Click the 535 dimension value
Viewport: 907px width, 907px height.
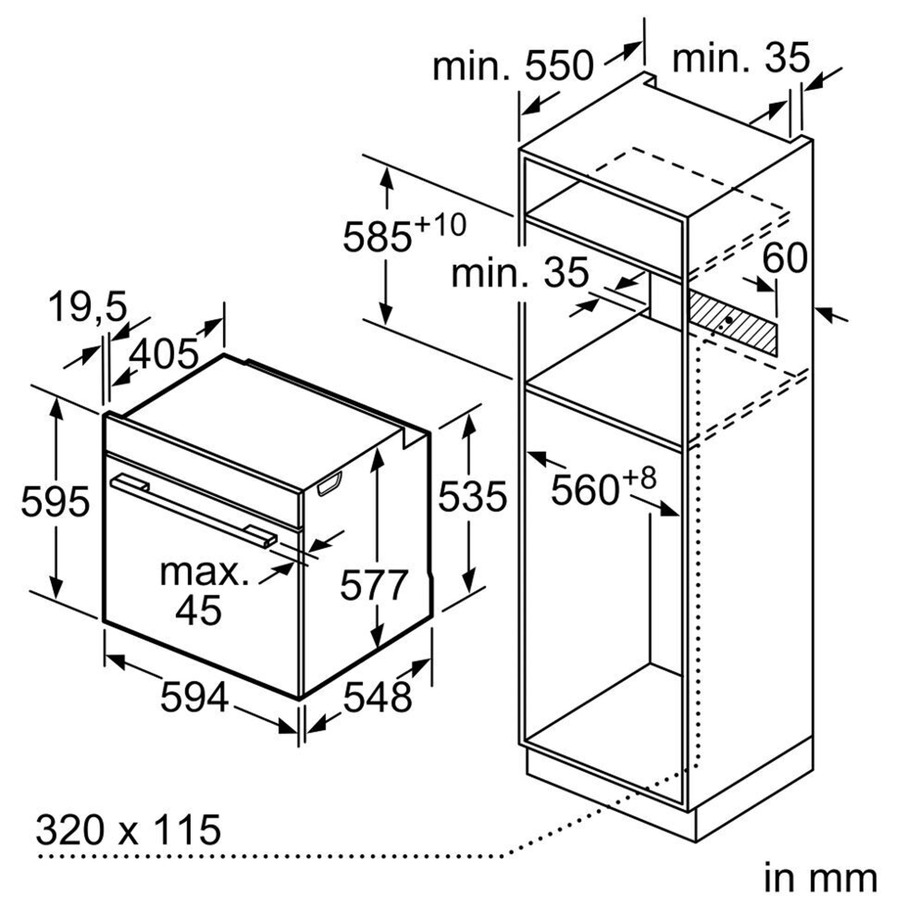pos(472,496)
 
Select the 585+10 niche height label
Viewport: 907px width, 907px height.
pos(405,233)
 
